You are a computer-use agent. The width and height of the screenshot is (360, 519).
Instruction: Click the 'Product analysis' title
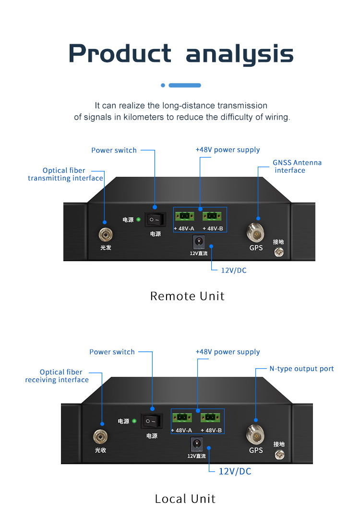(180, 54)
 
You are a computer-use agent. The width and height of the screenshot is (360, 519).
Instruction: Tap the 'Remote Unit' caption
(187, 296)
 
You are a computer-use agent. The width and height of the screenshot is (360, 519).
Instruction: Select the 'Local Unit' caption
(185, 498)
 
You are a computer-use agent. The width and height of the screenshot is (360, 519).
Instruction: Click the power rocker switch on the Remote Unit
(155, 220)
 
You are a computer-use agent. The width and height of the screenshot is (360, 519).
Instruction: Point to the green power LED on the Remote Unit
(139, 220)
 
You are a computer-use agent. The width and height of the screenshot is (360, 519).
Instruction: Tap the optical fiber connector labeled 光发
(105, 235)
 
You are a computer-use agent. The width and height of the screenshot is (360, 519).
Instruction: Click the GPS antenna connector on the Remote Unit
(255, 233)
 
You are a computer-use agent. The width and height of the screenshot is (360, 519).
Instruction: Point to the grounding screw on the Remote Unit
(278, 253)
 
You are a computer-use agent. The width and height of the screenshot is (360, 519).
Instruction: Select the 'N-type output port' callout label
(301, 369)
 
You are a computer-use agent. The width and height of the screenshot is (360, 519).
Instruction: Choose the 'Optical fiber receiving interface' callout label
(58, 376)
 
